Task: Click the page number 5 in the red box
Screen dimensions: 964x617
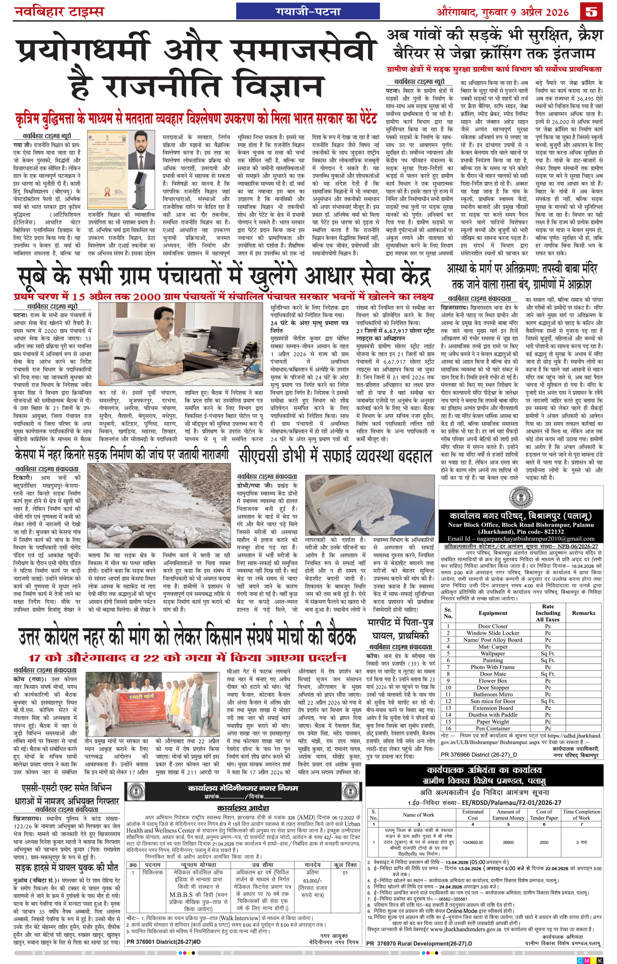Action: [591, 12]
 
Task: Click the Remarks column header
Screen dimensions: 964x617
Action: [583, 613]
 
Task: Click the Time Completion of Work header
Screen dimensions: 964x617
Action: [581, 815]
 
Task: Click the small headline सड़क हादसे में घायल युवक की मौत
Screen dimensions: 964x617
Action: [67, 868]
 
